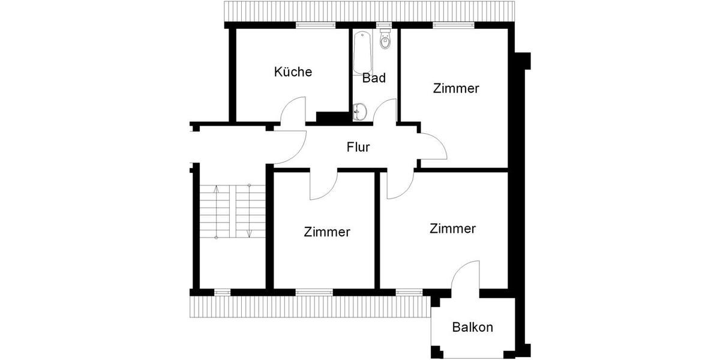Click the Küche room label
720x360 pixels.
(293, 72)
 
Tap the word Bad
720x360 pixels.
(374, 78)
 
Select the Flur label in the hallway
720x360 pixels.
(358, 147)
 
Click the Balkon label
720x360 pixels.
(473, 328)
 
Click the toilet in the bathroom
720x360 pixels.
(385, 40)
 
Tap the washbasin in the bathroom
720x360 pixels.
(360, 112)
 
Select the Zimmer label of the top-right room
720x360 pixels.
(456, 89)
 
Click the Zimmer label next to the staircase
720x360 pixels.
(327, 232)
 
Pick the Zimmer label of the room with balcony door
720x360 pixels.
(453, 229)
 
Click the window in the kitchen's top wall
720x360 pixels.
(315, 25)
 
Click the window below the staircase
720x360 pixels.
(222, 292)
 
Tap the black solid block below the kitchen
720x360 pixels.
(328, 118)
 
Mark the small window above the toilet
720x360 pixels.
(385, 25)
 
